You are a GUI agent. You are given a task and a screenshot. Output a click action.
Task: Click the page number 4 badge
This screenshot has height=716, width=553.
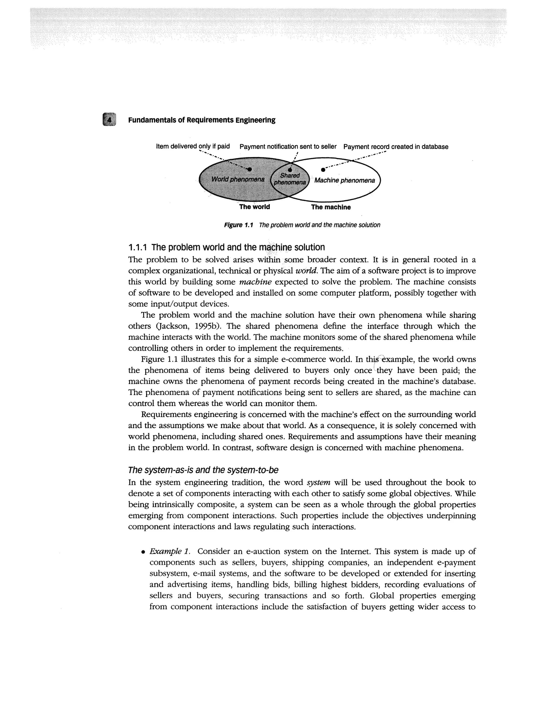coord(109,119)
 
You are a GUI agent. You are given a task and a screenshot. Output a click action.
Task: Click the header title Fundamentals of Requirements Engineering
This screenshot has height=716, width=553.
coord(201,120)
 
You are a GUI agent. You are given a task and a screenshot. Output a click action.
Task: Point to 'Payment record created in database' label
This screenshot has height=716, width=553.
coord(396,147)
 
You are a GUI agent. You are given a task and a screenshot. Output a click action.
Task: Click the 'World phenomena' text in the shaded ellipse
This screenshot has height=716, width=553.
coord(238,179)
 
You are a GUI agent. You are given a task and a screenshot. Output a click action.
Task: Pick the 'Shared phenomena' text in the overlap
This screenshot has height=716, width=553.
coord(290,179)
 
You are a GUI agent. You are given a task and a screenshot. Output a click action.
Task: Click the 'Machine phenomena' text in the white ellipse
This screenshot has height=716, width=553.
coord(344,180)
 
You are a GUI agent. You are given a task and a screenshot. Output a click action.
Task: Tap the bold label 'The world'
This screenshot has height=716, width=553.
coord(255,207)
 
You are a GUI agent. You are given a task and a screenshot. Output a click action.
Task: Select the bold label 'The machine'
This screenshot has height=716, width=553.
coord(331,207)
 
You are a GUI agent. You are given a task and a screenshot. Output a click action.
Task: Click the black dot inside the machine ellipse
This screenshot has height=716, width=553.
coord(323,169)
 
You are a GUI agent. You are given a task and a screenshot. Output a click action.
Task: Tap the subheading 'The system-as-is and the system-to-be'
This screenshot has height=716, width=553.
coord(203,470)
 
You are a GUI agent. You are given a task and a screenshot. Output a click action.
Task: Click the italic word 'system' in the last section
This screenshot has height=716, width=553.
coord(318,483)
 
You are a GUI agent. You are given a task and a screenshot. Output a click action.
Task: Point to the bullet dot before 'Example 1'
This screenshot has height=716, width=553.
coord(143,552)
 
